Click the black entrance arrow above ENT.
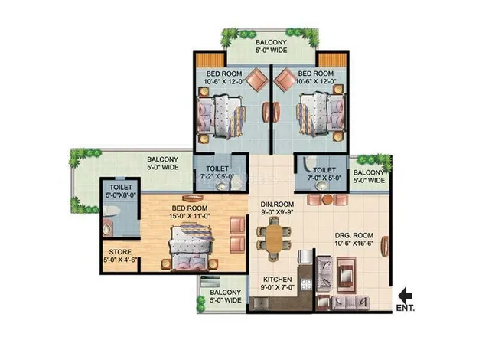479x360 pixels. pyautogui.click(x=406, y=295)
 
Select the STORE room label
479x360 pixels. pyautogui.click(x=120, y=252)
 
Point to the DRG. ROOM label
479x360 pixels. pyautogui.click(x=354, y=235)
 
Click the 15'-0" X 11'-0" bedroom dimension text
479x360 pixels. pyautogui.click(x=190, y=216)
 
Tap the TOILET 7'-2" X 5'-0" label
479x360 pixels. pyautogui.click(x=217, y=172)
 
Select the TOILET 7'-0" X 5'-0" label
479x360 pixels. pyautogui.click(x=324, y=174)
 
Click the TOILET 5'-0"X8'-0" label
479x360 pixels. pyautogui.click(x=121, y=191)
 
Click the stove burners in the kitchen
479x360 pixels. pyautogui.click(x=306, y=284)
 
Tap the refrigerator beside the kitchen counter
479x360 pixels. pyautogui.click(x=305, y=257)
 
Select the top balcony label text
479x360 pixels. pyautogui.click(x=272, y=46)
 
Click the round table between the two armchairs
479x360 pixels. pyautogui.click(x=327, y=199)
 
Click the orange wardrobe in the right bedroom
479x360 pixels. pyautogui.click(x=333, y=60)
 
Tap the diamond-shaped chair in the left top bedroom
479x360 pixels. pyautogui.click(x=257, y=80)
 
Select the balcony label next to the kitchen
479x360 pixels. pyautogui.click(x=226, y=296)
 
